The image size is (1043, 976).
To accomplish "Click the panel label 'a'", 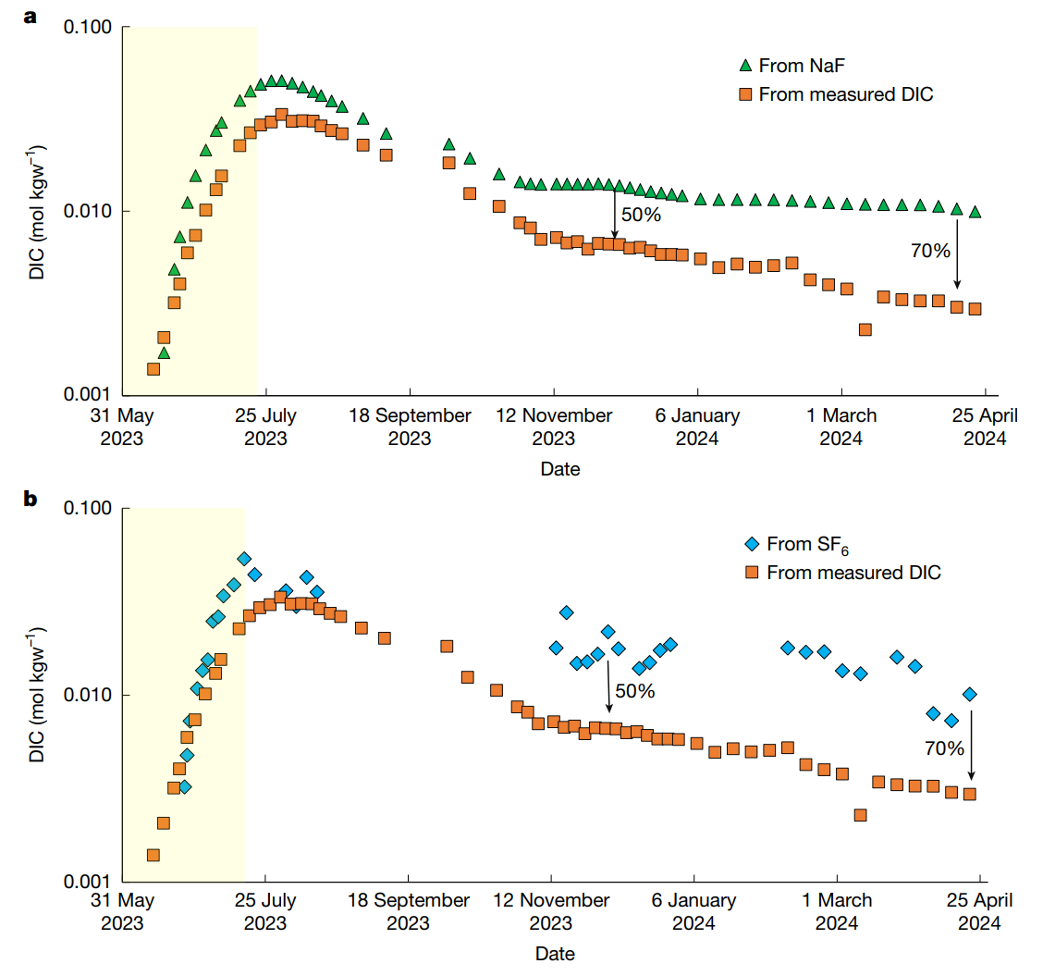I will click(x=31, y=16).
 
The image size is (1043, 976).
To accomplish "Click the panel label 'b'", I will click(x=31, y=500).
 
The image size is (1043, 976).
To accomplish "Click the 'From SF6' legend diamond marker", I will click(x=753, y=545).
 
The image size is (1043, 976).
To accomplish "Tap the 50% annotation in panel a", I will click(x=641, y=215).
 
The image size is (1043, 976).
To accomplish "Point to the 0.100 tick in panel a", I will click(x=88, y=28).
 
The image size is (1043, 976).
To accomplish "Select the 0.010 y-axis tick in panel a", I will click(x=88, y=211).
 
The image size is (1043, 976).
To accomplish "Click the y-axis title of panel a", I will click(x=36, y=212).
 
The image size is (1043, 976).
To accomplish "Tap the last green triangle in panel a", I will click(x=975, y=213).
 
